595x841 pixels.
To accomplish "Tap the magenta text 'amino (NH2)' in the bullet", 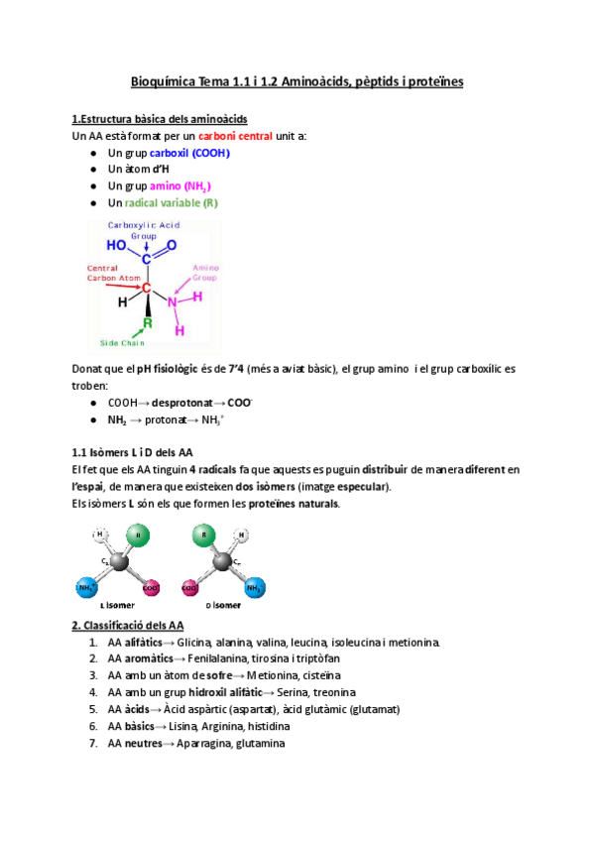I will (179, 186).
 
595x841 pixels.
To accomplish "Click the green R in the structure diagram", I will (147, 323).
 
